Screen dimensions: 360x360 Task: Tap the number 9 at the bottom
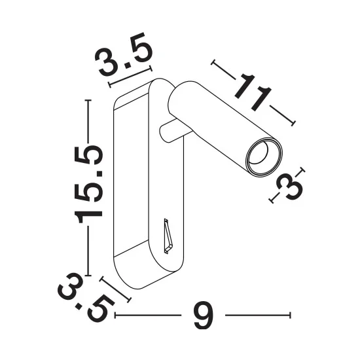click(204, 315)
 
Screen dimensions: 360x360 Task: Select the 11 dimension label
click(253, 92)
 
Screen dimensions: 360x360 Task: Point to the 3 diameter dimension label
click(290, 187)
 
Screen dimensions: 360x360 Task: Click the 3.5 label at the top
click(124, 54)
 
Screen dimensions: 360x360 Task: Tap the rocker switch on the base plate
click(168, 236)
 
